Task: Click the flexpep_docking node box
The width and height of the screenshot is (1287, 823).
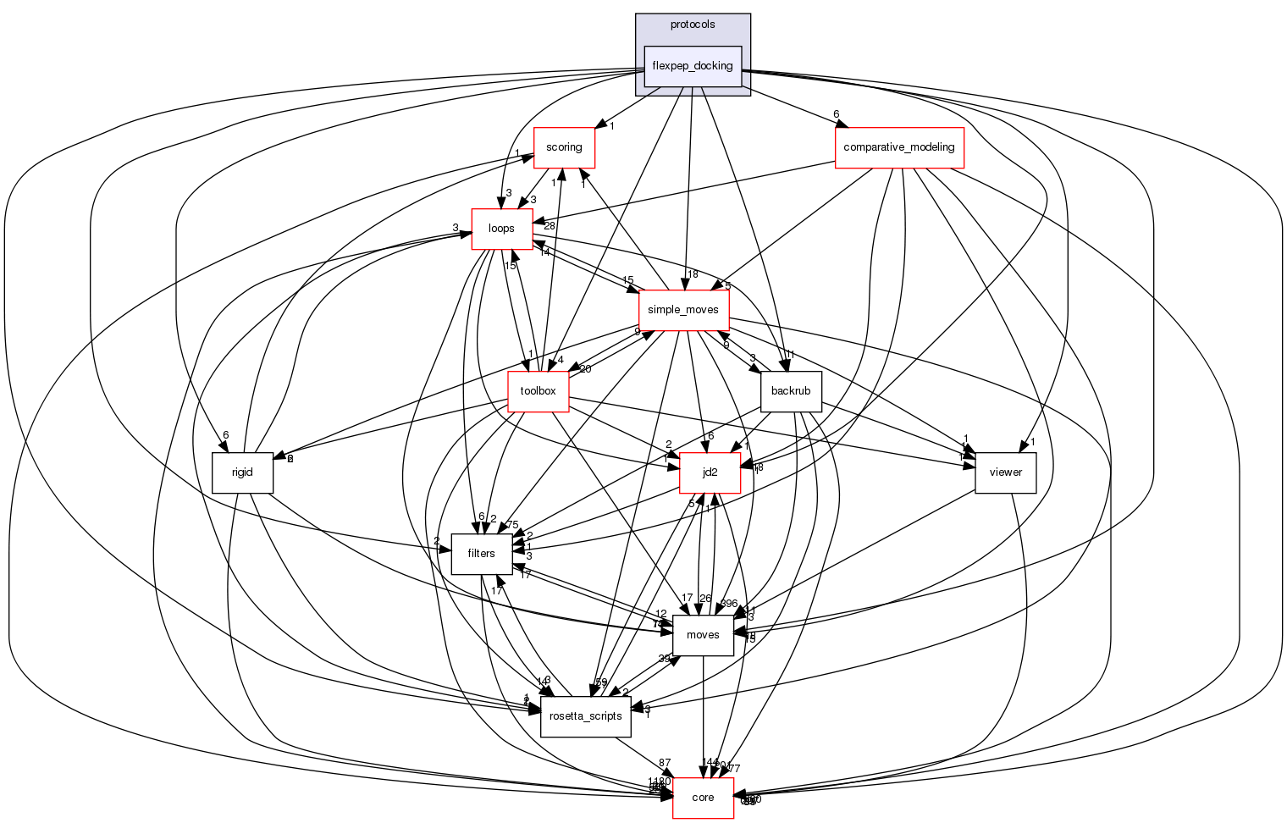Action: pyautogui.click(x=693, y=66)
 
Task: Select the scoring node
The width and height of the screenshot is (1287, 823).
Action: pyautogui.click(x=564, y=147)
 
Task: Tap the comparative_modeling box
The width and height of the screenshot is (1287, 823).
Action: pyautogui.click(x=899, y=147)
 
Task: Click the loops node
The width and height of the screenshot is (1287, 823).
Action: pyautogui.click(x=501, y=229)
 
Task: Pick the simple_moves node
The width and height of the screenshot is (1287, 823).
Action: pyautogui.click(x=683, y=310)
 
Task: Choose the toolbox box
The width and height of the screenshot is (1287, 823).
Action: pyautogui.click(x=538, y=391)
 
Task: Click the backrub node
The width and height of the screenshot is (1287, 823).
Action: pyautogui.click(x=792, y=391)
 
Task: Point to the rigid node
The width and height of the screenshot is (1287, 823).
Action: pyautogui.click(x=242, y=472)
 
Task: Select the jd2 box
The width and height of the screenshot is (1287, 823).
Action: pyautogui.click(x=710, y=472)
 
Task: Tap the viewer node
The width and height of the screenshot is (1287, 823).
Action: pyautogui.click(x=1006, y=472)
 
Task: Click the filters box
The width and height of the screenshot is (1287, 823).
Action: pyautogui.click(x=481, y=554)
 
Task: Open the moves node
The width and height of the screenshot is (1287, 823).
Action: pyautogui.click(x=703, y=635)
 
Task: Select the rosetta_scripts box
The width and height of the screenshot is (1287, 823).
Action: pyautogui.click(x=586, y=716)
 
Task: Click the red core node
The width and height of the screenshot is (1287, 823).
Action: pyautogui.click(x=703, y=798)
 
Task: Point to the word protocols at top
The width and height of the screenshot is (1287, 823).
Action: pyautogui.click(x=693, y=25)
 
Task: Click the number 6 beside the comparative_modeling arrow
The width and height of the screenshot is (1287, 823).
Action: pyautogui.click(x=836, y=114)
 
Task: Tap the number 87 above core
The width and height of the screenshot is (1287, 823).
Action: pyautogui.click(x=665, y=764)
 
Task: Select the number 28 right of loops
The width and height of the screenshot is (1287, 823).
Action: pyautogui.click(x=550, y=226)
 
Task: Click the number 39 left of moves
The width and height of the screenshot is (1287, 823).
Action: pyautogui.click(x=665, y=659)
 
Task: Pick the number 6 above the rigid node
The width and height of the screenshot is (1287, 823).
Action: pyautogui.click(x=226, y=435)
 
